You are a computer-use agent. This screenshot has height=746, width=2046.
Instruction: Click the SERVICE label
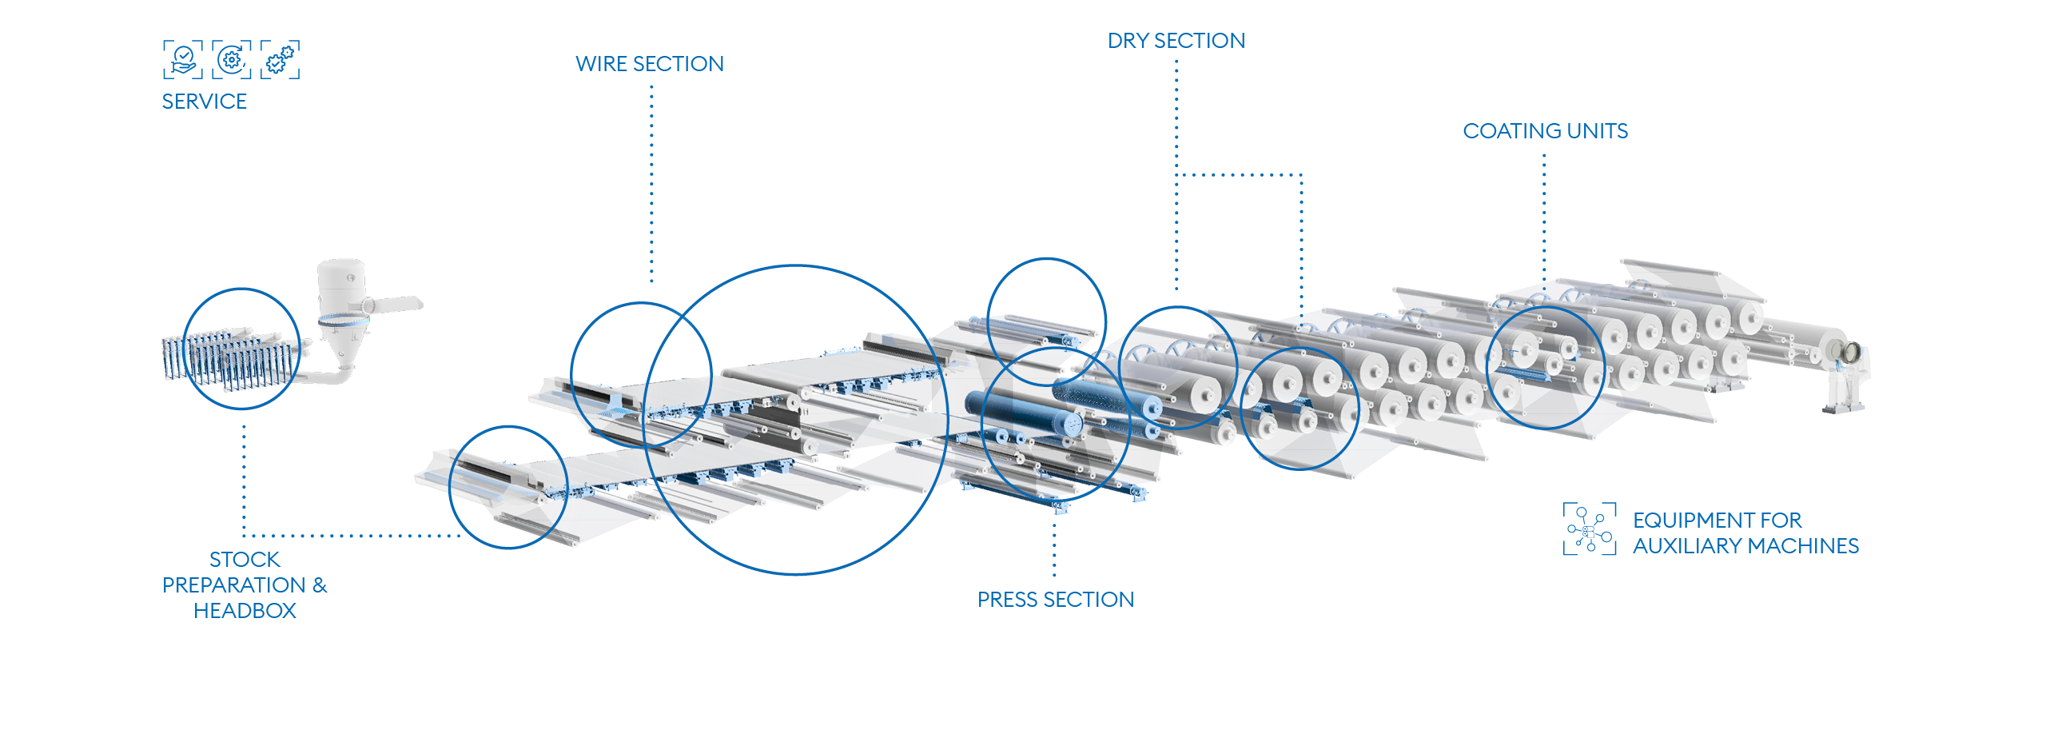(204, 102)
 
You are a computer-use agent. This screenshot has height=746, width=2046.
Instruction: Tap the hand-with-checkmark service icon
(183, 59)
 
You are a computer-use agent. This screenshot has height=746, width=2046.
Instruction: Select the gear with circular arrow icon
(232, 59)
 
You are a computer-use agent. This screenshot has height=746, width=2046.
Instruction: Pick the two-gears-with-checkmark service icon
(281, 59)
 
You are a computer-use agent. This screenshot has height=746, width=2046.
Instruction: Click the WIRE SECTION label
(650, 64)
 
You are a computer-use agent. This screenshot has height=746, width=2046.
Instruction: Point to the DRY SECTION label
(1176, 41)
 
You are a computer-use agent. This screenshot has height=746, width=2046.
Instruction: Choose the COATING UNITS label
(1545, 131)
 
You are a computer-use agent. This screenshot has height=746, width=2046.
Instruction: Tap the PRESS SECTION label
(1056, 600)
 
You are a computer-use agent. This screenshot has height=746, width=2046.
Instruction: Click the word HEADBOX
(245, 611)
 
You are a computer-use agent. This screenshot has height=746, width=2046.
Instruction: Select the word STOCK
(245, 560)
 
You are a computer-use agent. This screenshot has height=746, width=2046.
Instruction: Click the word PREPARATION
(234, 585)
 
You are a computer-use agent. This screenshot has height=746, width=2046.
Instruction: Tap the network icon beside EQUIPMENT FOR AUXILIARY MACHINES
(1590, 529)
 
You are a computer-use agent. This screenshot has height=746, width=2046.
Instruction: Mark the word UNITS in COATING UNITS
(1598, 131)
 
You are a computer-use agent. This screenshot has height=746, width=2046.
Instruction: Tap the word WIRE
(601, 64)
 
